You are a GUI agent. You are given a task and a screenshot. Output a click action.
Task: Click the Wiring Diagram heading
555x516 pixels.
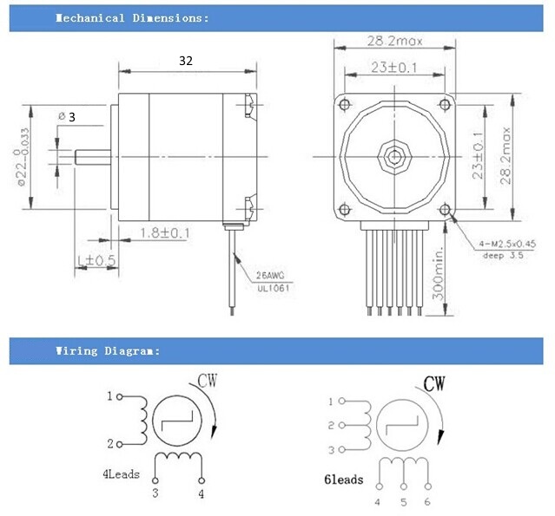[108, 350]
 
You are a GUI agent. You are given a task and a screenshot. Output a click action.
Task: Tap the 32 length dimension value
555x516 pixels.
[185, 61]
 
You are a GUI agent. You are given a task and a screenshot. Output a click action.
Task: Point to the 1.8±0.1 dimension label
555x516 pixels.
[165, 232]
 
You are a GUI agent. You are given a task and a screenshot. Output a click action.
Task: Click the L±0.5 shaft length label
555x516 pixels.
[96, 259]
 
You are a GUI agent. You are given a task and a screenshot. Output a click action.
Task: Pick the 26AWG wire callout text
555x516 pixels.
[272, 276]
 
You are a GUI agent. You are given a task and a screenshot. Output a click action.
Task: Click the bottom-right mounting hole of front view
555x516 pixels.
[446, 208]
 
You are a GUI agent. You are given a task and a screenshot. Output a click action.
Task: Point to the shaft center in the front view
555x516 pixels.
[395, 157]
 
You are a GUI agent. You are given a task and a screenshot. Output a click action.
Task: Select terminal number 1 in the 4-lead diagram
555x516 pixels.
[110, 396]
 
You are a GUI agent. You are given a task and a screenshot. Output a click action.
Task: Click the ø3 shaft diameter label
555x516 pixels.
[66, 116]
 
